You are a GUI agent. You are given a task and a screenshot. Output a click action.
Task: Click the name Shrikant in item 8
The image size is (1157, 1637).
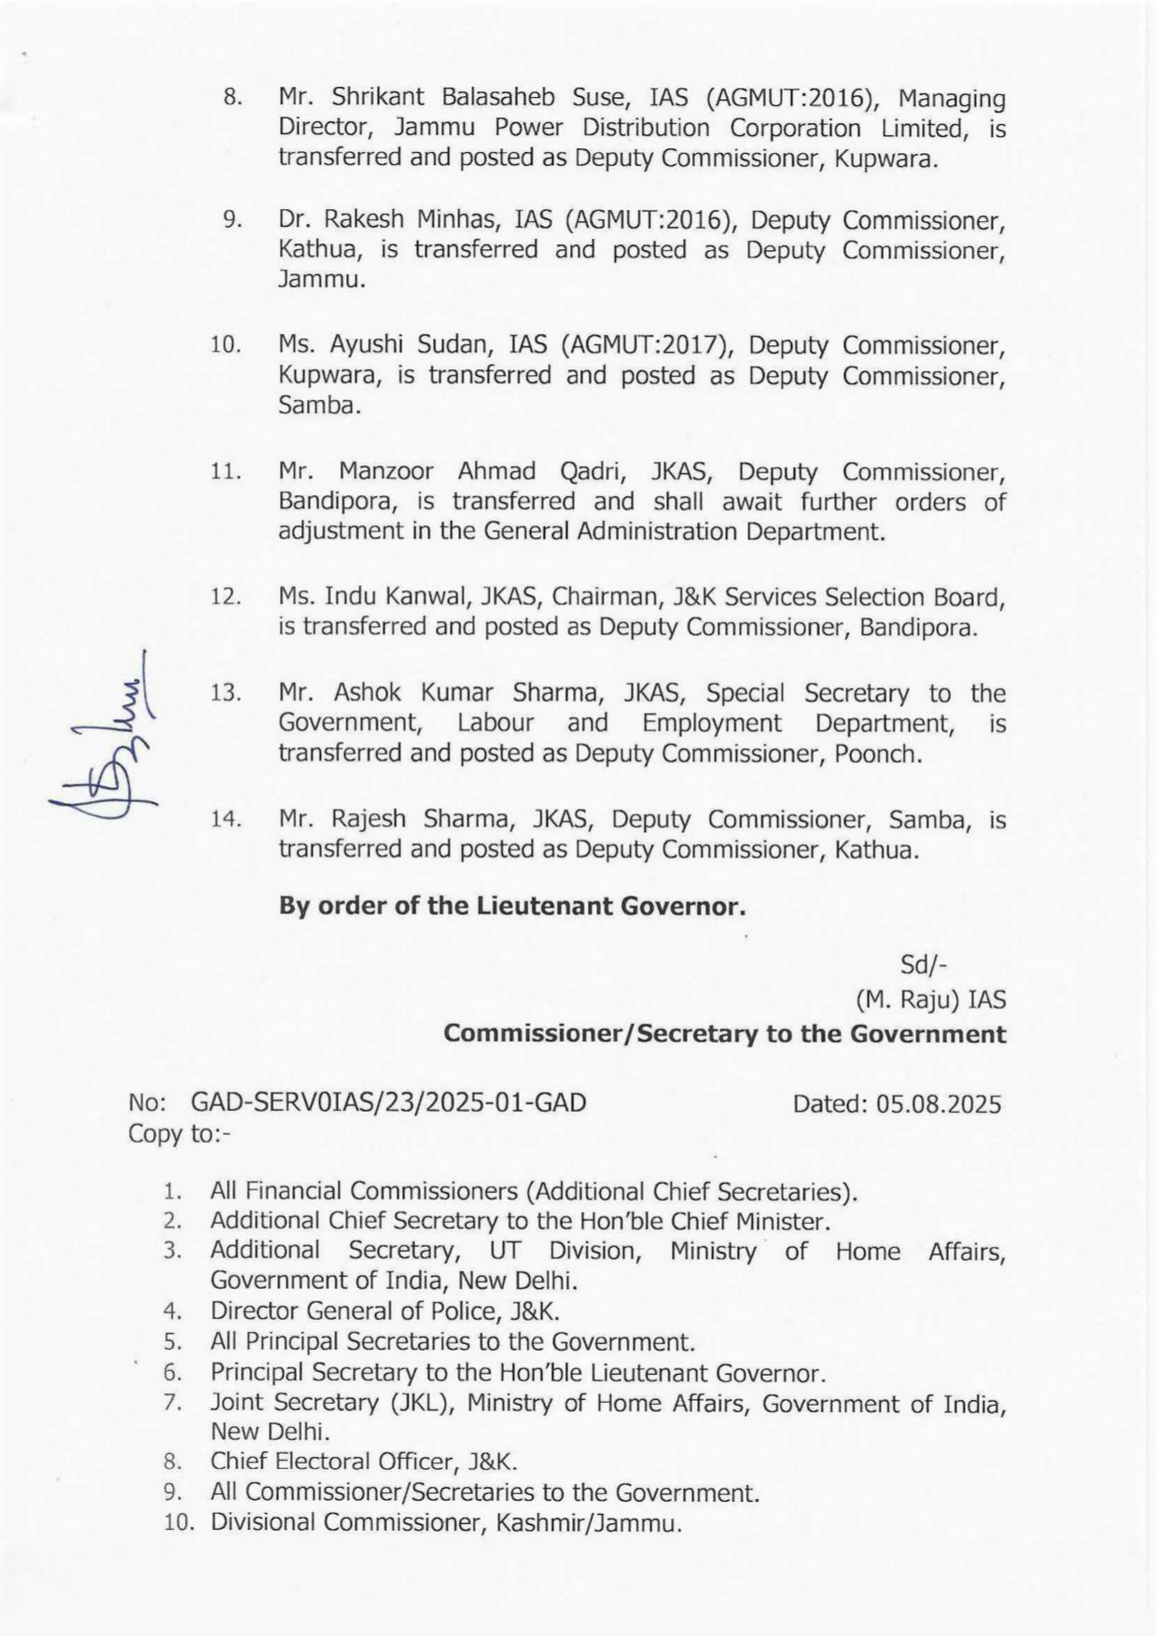(378, 98)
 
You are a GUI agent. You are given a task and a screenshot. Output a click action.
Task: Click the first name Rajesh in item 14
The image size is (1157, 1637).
(369, 819)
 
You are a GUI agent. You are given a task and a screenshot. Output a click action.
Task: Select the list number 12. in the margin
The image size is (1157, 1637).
(226, 597)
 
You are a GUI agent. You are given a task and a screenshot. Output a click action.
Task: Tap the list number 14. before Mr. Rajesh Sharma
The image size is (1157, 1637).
(226, 820)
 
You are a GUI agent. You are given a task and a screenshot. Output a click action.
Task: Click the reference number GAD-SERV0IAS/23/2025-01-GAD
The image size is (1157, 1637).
(388, 1103)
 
